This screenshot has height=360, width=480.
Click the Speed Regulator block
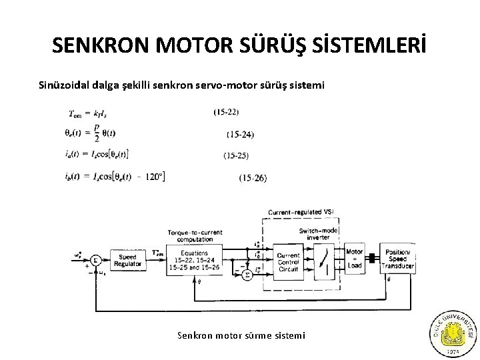[x=127, y=261]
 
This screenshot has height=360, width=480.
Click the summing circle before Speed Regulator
[x=95, y=260]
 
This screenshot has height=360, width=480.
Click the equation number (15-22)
[x=227, y=112]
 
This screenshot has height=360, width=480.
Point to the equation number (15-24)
[x=240, y=135]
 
